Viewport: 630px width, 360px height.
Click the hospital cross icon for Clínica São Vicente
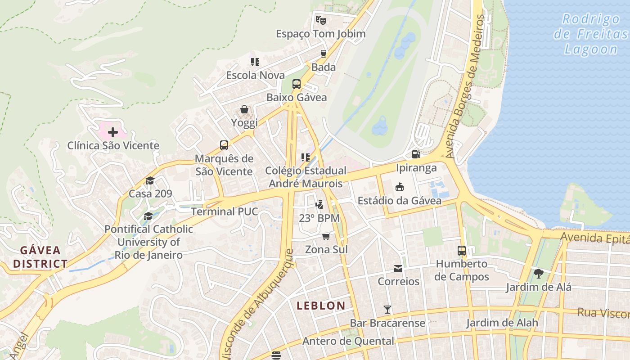tap(112, 132)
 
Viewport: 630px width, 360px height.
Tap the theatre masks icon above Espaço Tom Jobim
tap(320, 20)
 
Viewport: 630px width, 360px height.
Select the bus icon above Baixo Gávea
tap(296, 84)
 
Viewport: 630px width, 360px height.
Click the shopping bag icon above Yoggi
tap(244, 109)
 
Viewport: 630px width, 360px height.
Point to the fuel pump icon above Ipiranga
tap(416, 154)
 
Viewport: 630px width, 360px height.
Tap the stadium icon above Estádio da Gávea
tap(399, 187)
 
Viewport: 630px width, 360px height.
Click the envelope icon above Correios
tap(398, 269)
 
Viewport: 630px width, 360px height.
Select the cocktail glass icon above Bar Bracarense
tap(387, 310)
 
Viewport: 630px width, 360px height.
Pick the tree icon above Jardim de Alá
tap(538, 273)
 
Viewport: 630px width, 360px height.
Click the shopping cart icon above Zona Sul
tap(326, 236)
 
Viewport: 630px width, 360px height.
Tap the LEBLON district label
tap(321, 306)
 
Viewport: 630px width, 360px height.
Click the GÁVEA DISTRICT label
tap(40, 257)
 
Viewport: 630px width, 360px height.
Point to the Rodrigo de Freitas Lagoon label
tap(591, 34)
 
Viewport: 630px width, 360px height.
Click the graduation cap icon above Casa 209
tap(150, 180)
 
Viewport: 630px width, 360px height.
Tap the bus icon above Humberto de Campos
tap(461, 251)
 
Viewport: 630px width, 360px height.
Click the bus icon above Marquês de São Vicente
tap(224, 145)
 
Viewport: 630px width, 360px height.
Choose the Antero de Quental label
tap(348, 341)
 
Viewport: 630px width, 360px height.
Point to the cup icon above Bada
tap(323, 54)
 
